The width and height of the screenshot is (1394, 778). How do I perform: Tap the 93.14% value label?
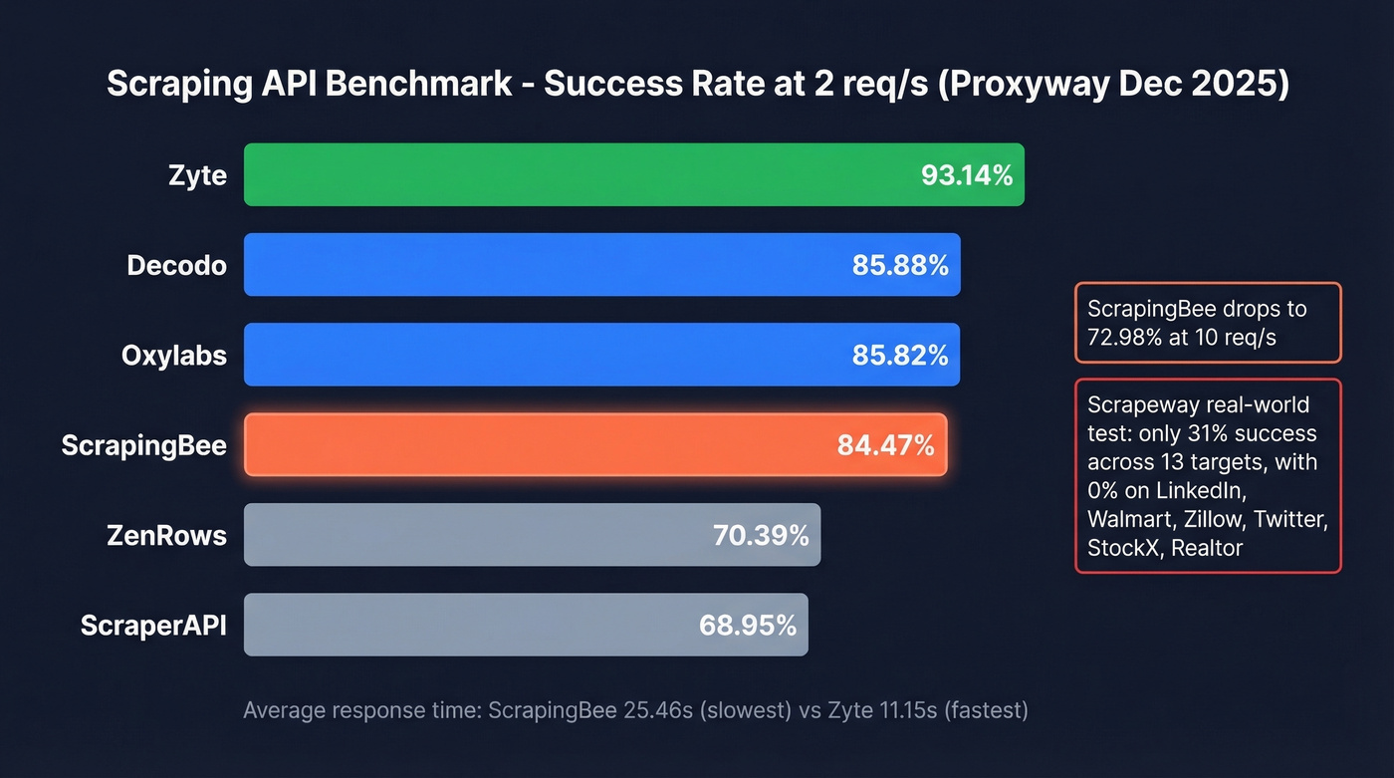click(x=966, y=176)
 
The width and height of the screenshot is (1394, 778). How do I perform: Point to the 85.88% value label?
click(x=900, y=266)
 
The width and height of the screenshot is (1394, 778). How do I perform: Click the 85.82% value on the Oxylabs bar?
click(x=900, y=356)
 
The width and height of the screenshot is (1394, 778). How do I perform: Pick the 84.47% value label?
click(x=886, y=445)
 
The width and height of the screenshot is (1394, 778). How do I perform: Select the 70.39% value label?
click(x=761, y=536)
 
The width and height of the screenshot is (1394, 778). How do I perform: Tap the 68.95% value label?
click(x=748, y=626)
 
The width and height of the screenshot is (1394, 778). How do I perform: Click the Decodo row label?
click(x=176, y=266)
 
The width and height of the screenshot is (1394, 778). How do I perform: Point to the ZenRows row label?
click(x=166, y=536)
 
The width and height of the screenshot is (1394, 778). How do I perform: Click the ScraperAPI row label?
click(x=153, y=626)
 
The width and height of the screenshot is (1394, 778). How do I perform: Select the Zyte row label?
click(x=197, y=176)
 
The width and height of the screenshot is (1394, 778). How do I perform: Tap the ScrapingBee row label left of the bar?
click(x=143, y=445)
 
